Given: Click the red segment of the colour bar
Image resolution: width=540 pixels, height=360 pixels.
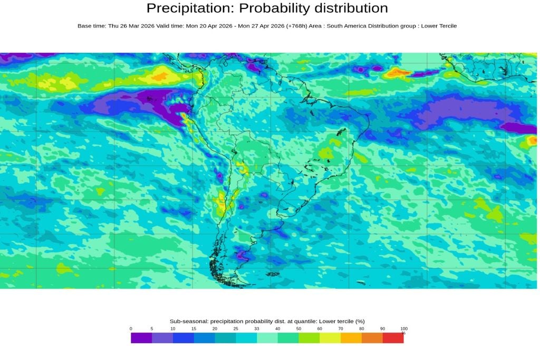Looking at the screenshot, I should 393,338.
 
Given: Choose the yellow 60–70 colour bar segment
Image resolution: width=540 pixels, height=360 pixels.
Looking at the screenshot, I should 330,338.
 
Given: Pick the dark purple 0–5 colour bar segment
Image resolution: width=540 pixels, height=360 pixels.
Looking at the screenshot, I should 141,338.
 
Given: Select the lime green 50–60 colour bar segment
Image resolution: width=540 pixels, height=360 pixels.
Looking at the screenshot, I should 309,338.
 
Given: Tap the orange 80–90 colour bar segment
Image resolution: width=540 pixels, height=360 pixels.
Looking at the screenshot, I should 372,338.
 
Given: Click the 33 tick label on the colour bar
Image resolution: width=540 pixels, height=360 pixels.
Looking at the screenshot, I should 257,329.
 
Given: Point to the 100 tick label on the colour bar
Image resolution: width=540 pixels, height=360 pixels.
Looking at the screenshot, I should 403,329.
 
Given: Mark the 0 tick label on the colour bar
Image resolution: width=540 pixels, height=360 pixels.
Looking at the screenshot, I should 131,329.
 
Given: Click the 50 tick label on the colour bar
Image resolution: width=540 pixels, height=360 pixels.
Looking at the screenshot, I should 298,329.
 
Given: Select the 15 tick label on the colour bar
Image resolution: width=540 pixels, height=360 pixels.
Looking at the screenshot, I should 194,329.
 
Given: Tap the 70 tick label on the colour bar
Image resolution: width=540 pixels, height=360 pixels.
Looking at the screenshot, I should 341,329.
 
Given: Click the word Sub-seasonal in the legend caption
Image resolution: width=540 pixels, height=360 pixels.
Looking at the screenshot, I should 186,321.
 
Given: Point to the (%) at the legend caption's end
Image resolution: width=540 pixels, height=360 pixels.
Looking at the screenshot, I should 360,321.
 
